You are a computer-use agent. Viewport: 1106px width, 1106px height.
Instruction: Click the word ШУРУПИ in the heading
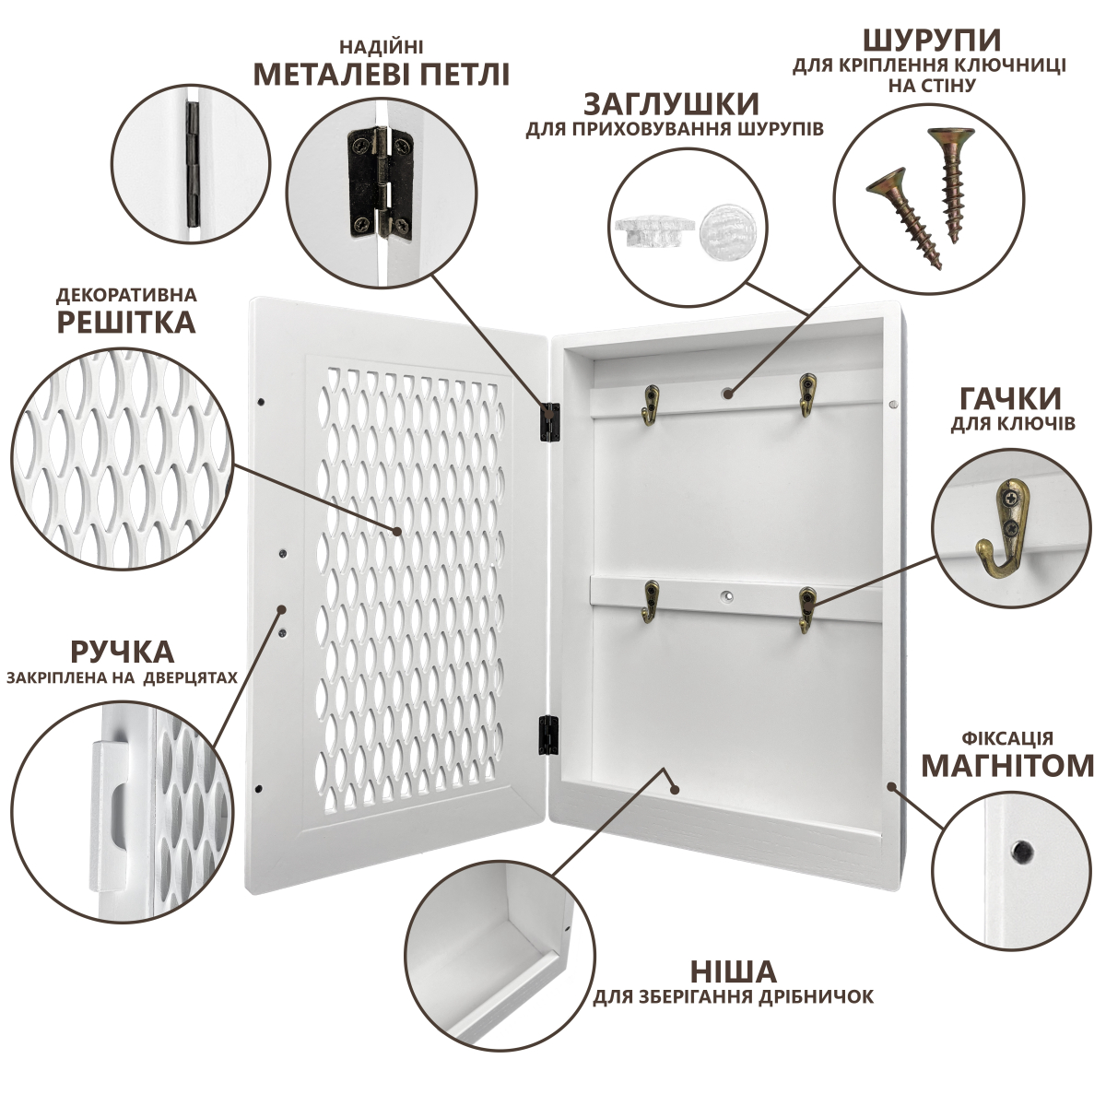coord(932,41)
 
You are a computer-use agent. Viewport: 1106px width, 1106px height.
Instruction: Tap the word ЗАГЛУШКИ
coord(671,105)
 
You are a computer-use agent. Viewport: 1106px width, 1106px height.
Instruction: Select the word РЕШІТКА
coord(126,323)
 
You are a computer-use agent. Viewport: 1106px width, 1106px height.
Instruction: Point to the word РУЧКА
coord(123,653)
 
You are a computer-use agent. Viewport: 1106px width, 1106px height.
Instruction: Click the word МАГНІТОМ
coord(1007,766)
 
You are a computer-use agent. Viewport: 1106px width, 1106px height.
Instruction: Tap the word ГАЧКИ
coord(1010,398)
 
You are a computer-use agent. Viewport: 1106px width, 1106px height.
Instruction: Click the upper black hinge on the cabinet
coord(550,422)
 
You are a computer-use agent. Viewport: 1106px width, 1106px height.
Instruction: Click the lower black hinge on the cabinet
coord(548,734)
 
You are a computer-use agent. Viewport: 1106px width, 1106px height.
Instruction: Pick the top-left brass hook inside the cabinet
coord(652,406)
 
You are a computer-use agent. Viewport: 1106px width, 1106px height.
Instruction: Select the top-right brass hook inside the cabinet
coord(807,394)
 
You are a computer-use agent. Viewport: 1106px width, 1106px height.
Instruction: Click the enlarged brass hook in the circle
coord(1003,531)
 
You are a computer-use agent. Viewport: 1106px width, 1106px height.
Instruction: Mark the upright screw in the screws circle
coord(952,183)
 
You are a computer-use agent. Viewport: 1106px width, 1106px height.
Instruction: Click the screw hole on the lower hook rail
coord(728,597)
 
